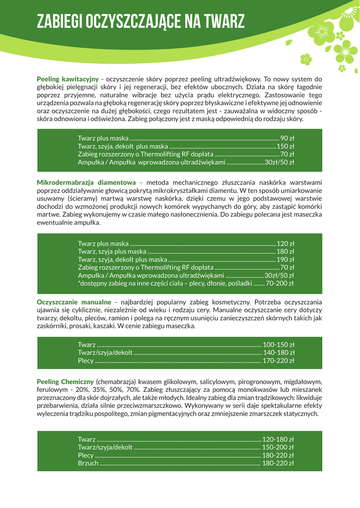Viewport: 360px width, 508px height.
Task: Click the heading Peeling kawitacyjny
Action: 68,79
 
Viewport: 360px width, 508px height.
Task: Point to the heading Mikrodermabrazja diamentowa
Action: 86,182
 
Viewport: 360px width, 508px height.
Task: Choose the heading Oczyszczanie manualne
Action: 74,302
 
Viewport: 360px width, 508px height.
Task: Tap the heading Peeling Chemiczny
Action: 66,381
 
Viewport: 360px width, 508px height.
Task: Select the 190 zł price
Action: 285,259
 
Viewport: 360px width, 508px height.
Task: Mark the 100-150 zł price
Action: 278,344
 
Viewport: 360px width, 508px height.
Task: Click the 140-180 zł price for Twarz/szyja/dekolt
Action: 278,352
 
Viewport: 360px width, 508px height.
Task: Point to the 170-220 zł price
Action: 278,360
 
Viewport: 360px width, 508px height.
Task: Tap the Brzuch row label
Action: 88,463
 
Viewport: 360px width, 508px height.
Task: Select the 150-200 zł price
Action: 278,447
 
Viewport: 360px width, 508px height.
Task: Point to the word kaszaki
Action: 184,326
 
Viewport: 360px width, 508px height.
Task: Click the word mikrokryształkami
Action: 169,190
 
